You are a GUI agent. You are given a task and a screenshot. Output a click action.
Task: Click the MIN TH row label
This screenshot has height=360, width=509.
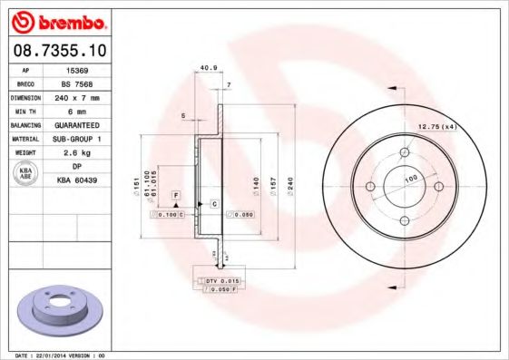pyautogui.click(x=24, y=111)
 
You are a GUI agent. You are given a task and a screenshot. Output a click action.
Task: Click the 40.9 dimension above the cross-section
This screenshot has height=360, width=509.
pyautogui.click(x=207, y=67)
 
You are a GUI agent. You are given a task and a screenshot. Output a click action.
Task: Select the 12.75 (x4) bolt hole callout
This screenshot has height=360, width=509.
pyautogui.click(x=437, y=127)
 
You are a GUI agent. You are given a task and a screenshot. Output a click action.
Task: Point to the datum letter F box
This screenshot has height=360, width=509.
pyautogui.click(x=175, y=197)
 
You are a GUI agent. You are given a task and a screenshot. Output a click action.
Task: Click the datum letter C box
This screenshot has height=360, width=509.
pyautogui.click(x=214, y=203)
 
